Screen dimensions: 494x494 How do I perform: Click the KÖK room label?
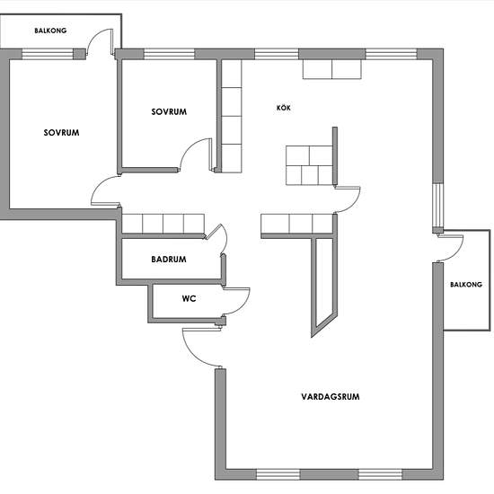pos(284,108)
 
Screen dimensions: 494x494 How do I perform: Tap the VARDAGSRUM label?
pos(331,396)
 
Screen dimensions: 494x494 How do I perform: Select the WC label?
pos(189,298)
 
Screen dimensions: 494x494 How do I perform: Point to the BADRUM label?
pos(169,260)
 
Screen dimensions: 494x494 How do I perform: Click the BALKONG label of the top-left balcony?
pos(50,31)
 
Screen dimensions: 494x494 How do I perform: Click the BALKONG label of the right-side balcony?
pos(466,285)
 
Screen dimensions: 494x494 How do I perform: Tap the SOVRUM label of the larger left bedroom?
pos(61,133)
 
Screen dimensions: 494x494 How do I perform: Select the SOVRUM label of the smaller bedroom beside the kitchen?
pos(169,111)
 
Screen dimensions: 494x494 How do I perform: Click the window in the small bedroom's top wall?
pos(169,54)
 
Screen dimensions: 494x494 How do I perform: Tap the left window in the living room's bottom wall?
pos(278,474)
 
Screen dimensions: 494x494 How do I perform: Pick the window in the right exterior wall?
pos(438,205)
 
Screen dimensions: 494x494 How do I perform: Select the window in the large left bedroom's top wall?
pos(48,54)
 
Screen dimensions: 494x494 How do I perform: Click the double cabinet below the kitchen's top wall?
pos(332,69)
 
